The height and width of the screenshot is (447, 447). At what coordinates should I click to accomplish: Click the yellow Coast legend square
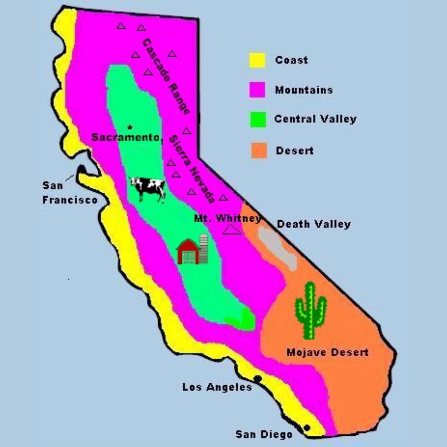point(257,60)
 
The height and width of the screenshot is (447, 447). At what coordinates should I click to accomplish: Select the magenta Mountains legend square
point(257,90)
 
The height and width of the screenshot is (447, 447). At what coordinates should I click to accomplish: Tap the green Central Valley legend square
point(257,119)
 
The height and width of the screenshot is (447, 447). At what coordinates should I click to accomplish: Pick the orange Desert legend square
point(258,151)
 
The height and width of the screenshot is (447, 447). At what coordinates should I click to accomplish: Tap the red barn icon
point(188,252)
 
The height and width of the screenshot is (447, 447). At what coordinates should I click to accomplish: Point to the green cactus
point(310,310)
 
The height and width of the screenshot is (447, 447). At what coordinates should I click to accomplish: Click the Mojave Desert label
point(327,352)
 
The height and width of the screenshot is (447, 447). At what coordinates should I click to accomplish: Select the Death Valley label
point(314,224)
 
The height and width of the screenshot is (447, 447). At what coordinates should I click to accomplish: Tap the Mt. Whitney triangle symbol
point(232,230)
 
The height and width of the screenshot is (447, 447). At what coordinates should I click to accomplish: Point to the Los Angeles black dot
point(257,379)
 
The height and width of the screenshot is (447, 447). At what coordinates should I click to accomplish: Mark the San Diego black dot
point(307,428)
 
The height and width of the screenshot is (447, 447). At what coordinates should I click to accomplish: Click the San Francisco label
point(69,193)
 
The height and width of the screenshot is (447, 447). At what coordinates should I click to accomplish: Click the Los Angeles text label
point(217,387)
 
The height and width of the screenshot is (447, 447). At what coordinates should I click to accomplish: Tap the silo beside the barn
point(203,249)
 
